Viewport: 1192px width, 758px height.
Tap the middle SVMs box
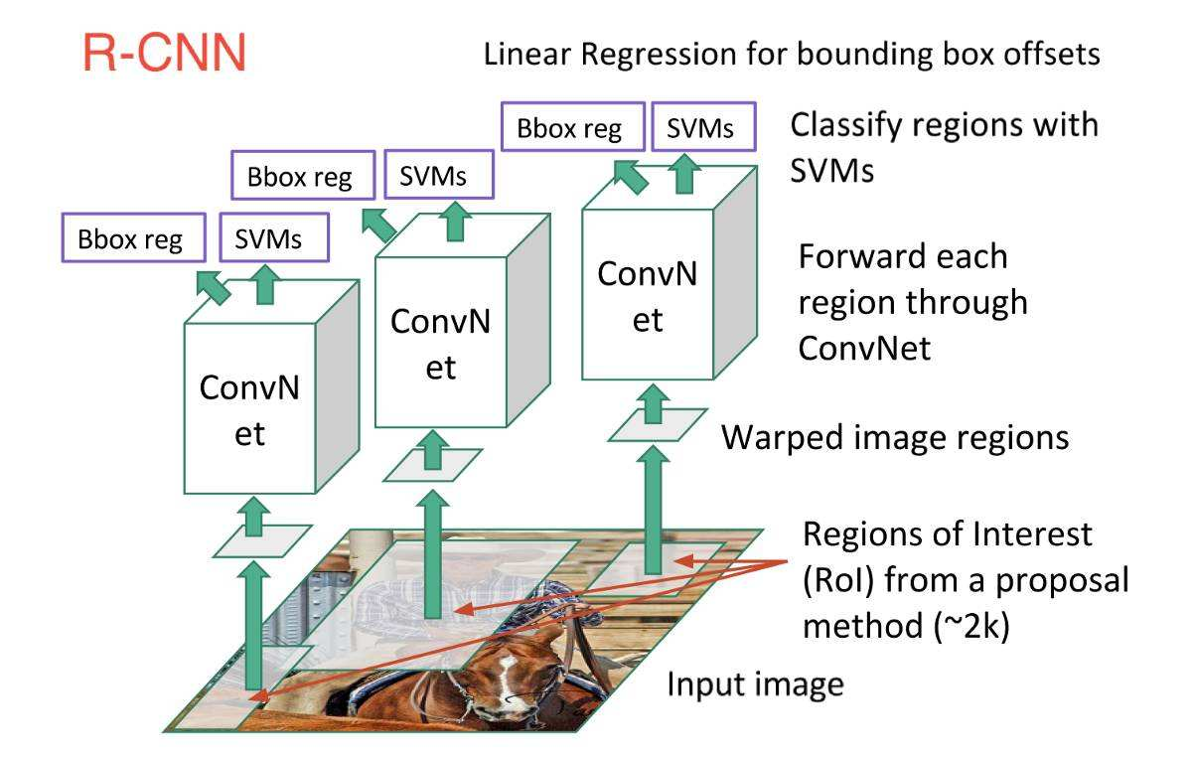pos(432,176)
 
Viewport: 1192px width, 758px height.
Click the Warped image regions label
pos(894,437)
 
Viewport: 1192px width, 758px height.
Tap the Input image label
pos(755,684)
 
